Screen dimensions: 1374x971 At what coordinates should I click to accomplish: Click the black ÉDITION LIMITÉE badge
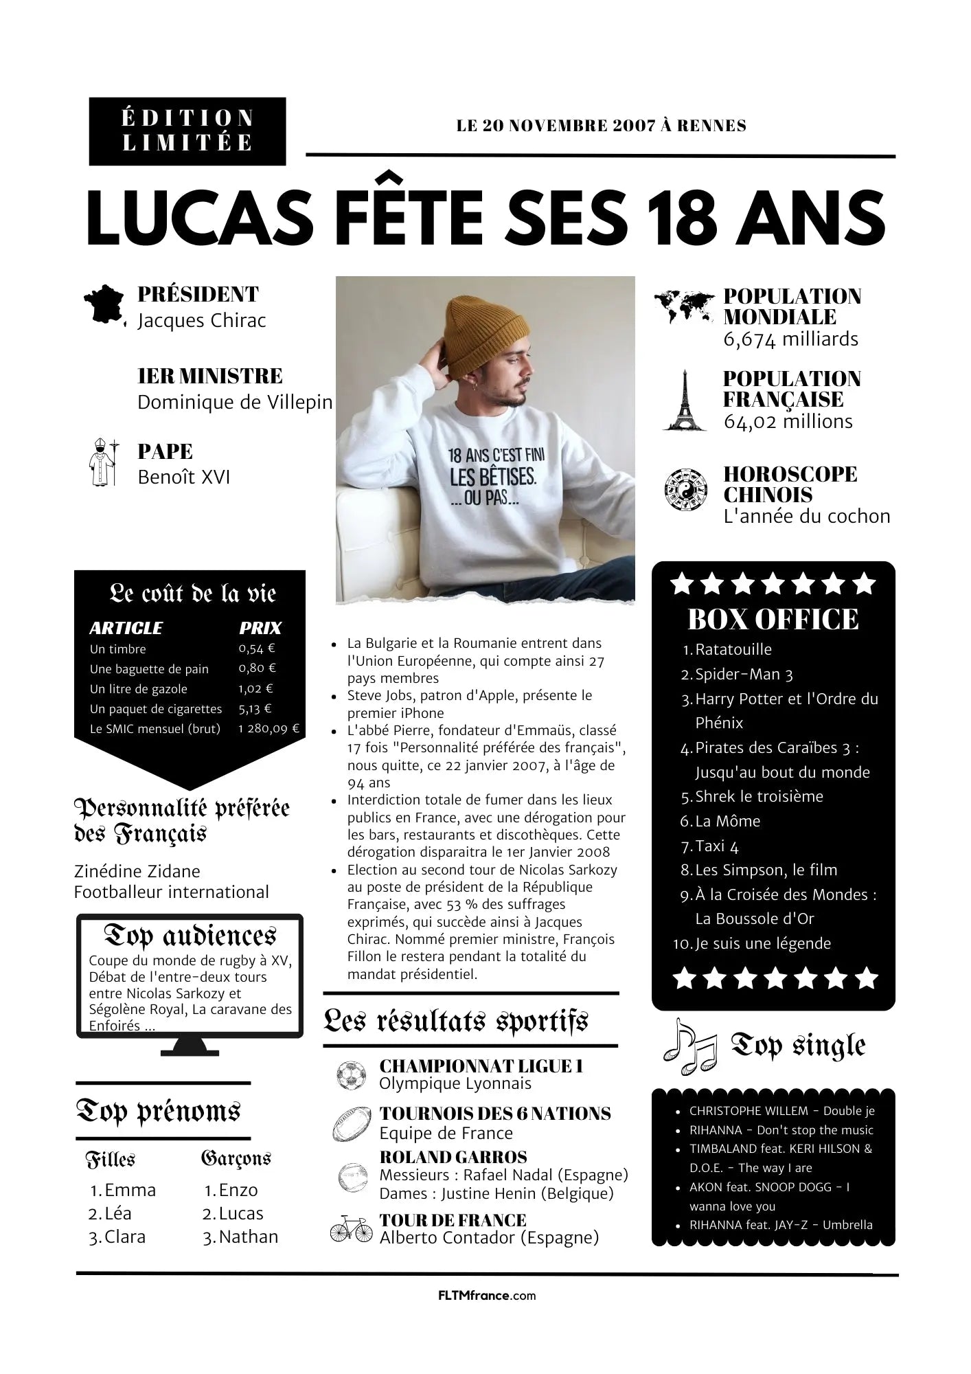187,131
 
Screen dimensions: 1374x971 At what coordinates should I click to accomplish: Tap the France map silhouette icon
104,305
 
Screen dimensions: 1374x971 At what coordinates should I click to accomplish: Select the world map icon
683,306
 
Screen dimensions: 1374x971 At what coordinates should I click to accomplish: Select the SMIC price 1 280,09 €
269,728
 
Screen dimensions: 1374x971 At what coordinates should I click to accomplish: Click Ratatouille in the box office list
733,649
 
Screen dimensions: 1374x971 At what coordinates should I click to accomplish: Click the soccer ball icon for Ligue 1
350,1075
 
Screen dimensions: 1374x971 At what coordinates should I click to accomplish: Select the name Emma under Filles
130,1190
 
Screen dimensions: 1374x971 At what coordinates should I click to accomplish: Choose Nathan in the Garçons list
249,1237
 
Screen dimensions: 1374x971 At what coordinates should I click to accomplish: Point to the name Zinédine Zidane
137,871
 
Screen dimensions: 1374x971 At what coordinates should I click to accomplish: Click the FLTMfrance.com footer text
486,1296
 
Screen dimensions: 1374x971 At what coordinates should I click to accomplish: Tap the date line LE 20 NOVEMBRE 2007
601,126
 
